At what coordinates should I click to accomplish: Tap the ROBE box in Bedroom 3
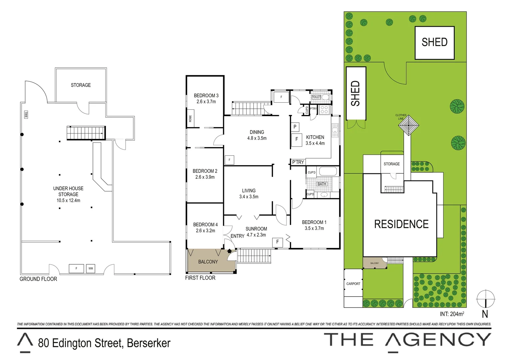click(191, 118)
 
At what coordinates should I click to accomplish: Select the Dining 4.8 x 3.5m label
click(257, 135)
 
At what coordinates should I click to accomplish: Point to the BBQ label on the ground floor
click(26, 115)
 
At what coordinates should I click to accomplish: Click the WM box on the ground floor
click(91, 268)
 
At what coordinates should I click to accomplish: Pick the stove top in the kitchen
click(324, 110)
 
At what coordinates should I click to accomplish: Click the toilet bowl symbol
click(325, 97)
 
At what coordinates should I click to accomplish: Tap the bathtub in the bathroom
click(328, 172)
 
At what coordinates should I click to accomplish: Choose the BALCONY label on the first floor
click(208, 262)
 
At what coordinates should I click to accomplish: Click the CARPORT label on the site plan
click(353, 284)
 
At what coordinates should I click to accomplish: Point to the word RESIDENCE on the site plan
click(401, 224)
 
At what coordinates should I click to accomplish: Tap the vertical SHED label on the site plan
click(355, 93)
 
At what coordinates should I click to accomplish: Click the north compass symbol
click(485, 299)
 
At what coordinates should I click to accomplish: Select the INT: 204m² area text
click(452, 314)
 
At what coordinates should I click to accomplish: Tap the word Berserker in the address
click(149, 343)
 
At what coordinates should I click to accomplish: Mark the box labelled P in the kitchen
click(295, 127)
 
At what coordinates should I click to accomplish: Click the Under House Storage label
click(68, 194)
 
